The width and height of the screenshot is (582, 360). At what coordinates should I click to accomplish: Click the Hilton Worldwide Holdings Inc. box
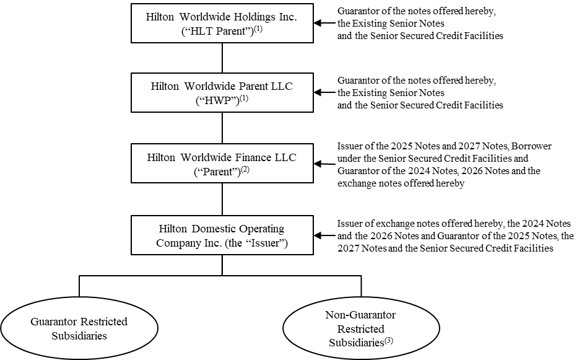(x=222, y=24)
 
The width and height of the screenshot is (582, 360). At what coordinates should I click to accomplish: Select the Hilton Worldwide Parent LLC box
(x=222, y=93)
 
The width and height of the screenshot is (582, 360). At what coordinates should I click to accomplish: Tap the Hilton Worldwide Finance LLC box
(x=222, y=164)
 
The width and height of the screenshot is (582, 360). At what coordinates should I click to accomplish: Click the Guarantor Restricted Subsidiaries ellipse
(x=79, y=328)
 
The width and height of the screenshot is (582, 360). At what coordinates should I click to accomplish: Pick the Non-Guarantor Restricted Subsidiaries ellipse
(x=360, y=328)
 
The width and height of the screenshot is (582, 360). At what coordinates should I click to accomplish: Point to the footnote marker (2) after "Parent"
(x=246, y=169)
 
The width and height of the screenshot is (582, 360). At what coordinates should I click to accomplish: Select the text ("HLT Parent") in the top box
(x=217, y=30)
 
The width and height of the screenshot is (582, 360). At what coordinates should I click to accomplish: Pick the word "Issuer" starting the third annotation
(x=350, y=146)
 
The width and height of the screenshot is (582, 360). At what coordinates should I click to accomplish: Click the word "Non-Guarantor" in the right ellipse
(x=360, y=315)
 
